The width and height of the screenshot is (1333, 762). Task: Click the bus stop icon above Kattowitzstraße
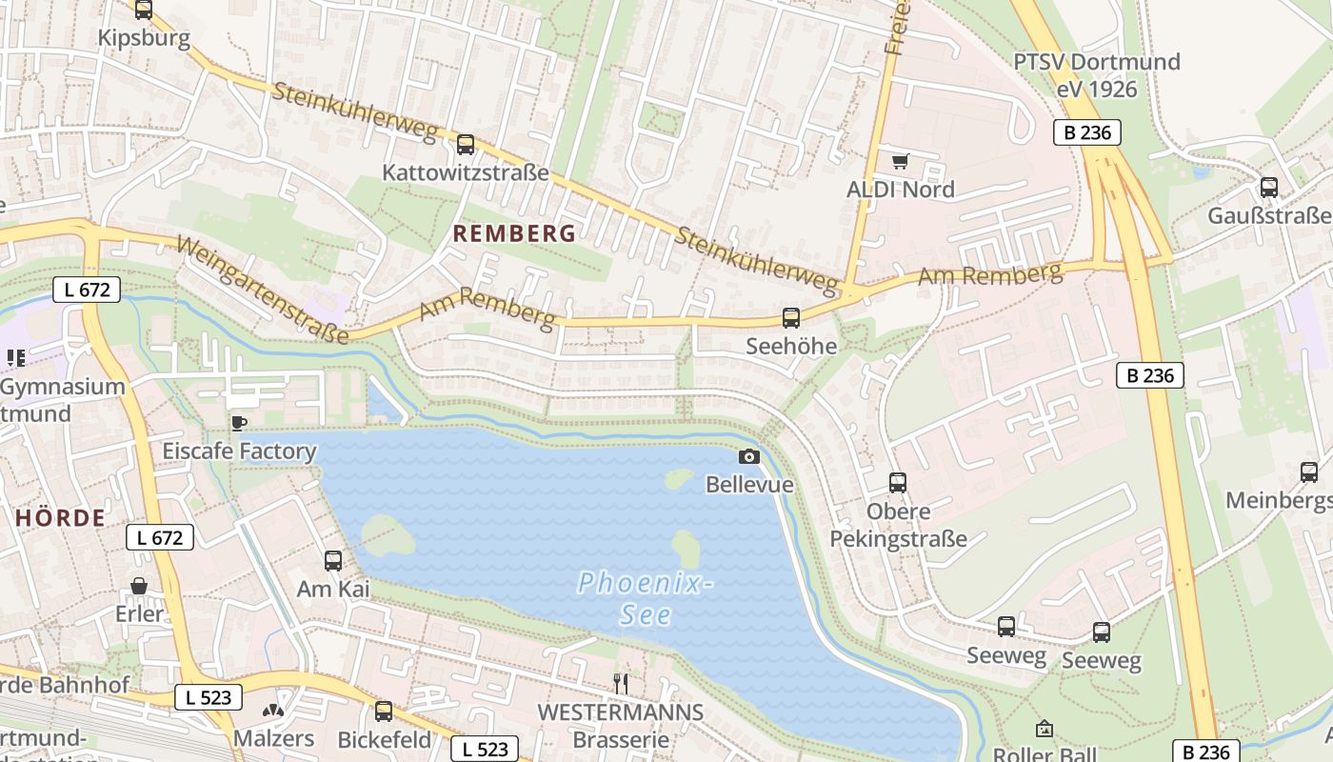point(465,145)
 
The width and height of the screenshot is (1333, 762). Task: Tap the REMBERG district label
point(514,233)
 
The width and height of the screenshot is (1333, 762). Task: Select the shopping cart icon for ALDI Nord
point(900,161)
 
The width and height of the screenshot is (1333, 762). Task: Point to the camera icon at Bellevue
point(749,457)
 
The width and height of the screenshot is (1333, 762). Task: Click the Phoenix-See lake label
point(647,598)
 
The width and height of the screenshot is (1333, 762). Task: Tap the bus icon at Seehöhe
point(791,318)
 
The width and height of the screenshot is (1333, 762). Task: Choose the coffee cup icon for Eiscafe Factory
point(238,422)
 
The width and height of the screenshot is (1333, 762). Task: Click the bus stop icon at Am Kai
point(333,561)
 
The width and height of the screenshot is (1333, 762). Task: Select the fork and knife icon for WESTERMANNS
point(621,683)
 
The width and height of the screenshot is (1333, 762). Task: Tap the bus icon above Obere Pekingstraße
point(898,483)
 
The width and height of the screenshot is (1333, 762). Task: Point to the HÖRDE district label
point(61,518)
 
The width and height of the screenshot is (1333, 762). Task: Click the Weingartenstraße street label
point(263,290)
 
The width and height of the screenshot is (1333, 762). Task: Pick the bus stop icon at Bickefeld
point(384,711)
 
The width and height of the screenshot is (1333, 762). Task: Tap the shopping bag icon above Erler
point(140,585)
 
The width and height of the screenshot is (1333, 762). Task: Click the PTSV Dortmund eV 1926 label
point(1096,75)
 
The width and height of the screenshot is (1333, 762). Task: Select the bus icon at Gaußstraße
point(1269,188)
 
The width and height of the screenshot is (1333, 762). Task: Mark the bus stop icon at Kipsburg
point(144,10)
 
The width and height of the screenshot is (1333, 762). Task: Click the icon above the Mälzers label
point(273,711)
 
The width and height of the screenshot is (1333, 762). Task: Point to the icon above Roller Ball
point(1045,730)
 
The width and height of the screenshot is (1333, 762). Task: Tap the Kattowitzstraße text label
point(466,173)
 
